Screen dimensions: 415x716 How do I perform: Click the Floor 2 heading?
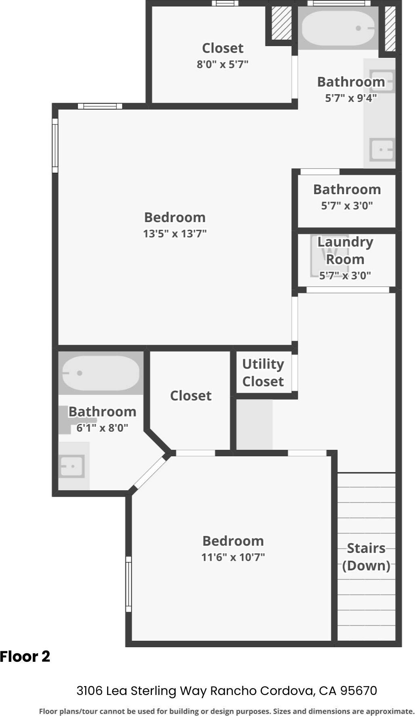(25, 657)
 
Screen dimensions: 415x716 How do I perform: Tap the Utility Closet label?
(263, 373)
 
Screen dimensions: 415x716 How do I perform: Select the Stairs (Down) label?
(366, 557)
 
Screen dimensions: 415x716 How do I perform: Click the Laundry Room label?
(345, 250)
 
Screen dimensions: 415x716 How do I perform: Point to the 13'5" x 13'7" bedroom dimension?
(175, 233)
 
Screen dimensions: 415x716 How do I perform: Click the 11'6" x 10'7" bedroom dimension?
(233, 557)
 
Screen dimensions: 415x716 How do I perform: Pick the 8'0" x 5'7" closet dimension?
(223, 64)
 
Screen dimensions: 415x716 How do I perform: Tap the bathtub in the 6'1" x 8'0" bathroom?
(101, 373)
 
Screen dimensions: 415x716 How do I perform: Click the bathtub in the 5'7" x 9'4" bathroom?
(339, 28)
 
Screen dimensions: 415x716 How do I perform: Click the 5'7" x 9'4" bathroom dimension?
(351, 98)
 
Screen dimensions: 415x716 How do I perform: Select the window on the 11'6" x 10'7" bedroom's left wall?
(129, 584)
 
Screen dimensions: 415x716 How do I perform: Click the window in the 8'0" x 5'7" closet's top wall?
(225, 3)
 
